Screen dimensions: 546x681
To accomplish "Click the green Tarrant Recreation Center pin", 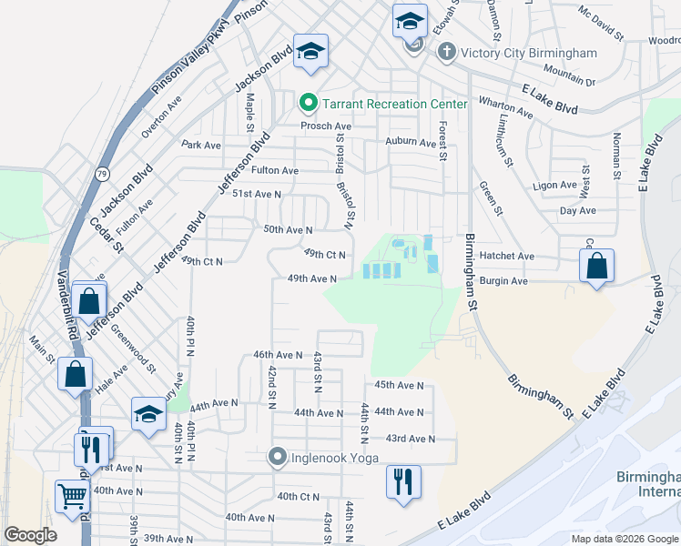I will pyautogui.click(x=308, y=104).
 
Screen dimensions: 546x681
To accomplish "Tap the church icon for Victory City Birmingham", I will pyautogui.click(x=447, y=52).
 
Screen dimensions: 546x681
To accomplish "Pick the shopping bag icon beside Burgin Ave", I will pyautogui.click(x=596, y=267).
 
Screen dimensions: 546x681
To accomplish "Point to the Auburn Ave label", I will pyautogui.click(x=411, y=142).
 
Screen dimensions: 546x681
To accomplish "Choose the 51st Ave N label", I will pyautogui.click(x=256, y=194).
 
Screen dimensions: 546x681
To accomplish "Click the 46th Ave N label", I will pyautogui.click(x=277, y=355).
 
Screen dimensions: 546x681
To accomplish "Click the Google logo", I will pyautogui.click(x=31, y=536).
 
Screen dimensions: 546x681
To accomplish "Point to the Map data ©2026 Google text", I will pyautogui.click(x=624, y=539).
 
